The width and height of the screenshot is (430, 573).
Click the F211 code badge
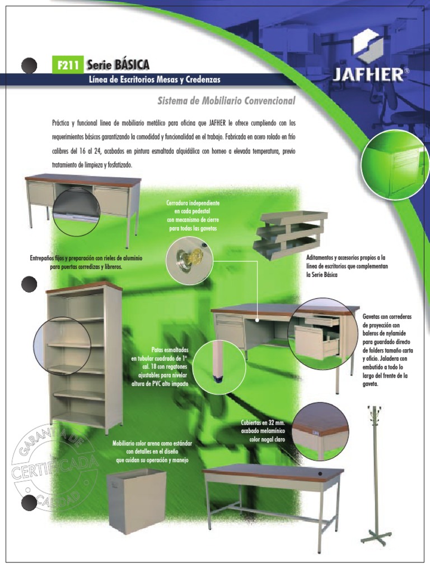point(67,65)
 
